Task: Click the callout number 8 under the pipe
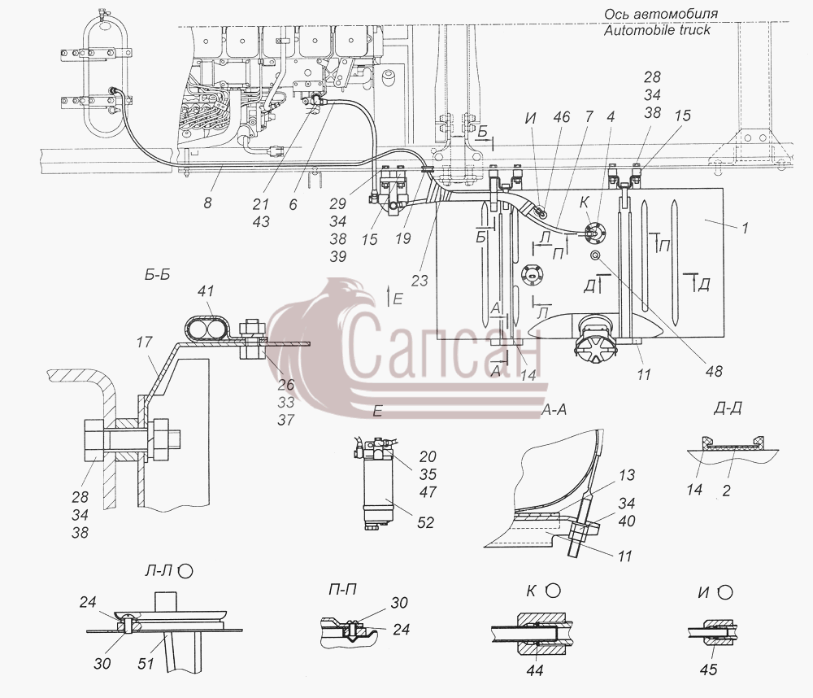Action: [208, 203]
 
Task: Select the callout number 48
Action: [714, 371]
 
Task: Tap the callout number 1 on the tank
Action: [745, 228]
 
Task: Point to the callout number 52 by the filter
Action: [425, 522]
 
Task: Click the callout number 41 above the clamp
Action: [206, 291]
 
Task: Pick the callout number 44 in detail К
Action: [535, 670]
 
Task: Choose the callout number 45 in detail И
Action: [708, 670]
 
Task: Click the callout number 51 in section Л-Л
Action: [146, 663]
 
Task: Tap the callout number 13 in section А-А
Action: [626, 475]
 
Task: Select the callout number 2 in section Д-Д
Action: [726, 490]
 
